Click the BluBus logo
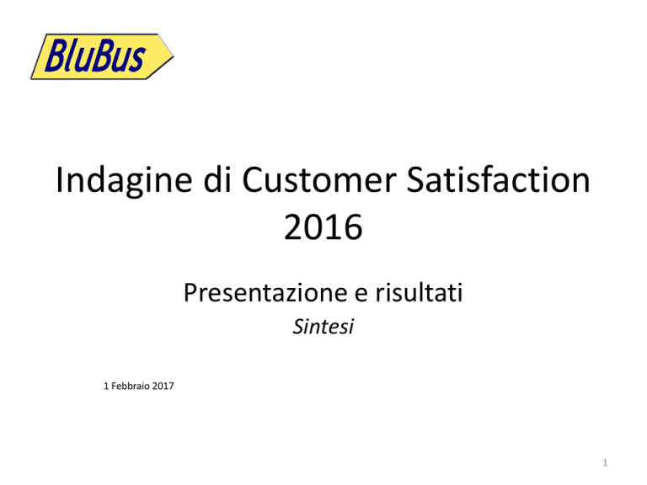(102, 56)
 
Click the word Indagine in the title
(124, 181)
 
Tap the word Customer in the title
(319, 179)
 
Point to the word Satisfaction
(499, 179)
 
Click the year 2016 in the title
(323, 227)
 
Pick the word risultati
(419, 292)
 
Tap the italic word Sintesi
(323, 327)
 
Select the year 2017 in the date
(163, 386)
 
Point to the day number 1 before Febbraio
(106, 386)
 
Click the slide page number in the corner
(605, 463)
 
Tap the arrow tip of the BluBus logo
(174, 56)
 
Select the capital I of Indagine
(60, 179)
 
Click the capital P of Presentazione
(190, 292)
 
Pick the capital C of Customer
(254, 179)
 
